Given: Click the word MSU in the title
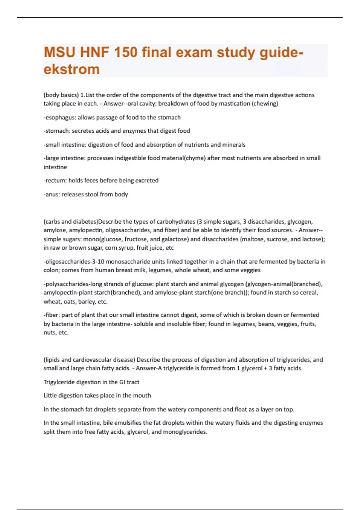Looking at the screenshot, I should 59,52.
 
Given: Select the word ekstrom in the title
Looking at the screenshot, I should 72,69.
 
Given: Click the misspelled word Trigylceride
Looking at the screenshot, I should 59,382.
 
